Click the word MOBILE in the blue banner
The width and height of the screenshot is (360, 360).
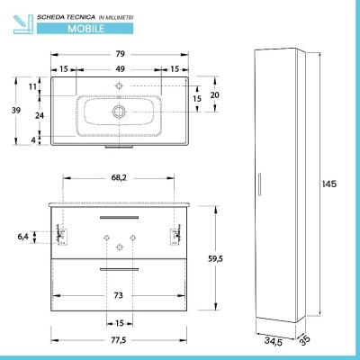tap(85, 29)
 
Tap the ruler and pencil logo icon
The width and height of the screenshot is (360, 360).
tap(23, 24)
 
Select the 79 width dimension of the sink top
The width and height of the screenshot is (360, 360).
tap(120, 54)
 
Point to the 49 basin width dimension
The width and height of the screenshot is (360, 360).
tap(120, 69)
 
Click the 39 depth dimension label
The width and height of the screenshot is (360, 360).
tap(16, 110)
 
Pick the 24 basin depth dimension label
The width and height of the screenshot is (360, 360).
tap(40, 115)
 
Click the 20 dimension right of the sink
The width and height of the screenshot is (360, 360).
tap(214, 95)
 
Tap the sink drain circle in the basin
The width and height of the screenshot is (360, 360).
tap(120, 112)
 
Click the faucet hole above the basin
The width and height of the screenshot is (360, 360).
tap(120, 86)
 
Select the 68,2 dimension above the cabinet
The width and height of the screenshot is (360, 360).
tap(119, 177)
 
